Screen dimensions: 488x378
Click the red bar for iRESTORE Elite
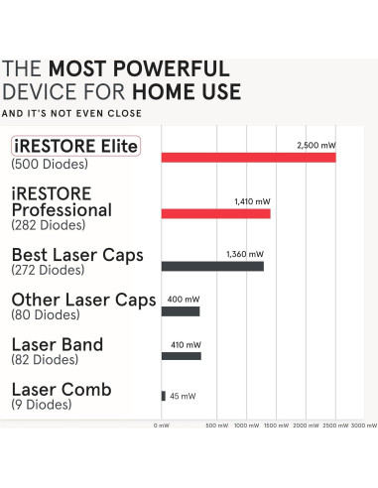[248, 158]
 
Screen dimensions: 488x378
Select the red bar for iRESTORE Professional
[215, 213]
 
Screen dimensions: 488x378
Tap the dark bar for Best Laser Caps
[212, 266]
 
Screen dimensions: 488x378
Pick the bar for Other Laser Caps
[181, 311]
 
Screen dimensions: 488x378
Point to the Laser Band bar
[181, 355]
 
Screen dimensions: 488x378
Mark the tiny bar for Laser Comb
[164, 396]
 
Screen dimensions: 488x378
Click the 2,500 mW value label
[315, 145]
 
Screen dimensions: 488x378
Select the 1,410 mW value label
[249, 201]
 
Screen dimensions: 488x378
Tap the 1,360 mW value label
[245, 253]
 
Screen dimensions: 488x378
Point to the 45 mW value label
[183, 397]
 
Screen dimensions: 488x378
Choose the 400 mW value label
[182, 299]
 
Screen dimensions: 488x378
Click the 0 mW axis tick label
[162, 425]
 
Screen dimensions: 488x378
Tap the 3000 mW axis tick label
[364, 425]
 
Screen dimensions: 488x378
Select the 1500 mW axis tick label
[277, 425]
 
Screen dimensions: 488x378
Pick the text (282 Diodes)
[43, 226]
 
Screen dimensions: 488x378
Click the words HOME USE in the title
[186, 92]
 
